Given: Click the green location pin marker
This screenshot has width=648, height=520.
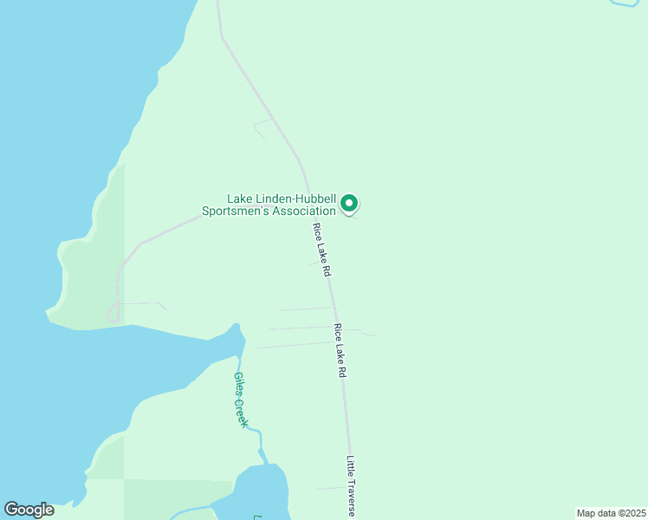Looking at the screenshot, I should click(x=349, y=203).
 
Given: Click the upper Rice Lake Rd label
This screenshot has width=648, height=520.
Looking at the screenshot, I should click(x=322, y=250).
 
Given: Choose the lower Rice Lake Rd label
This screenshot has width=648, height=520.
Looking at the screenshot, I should click(x=340, y=350).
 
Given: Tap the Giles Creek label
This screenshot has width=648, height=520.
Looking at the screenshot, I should click(x=241, y=400).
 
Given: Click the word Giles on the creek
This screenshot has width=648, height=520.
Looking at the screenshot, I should click(x=237, y=383).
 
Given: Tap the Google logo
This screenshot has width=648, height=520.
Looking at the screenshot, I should click(x=29, y=510).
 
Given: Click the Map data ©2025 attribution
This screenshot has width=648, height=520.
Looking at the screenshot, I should click(x=610, y=512).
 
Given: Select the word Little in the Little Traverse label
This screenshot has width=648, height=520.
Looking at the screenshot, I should click(x=351, y=465).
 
